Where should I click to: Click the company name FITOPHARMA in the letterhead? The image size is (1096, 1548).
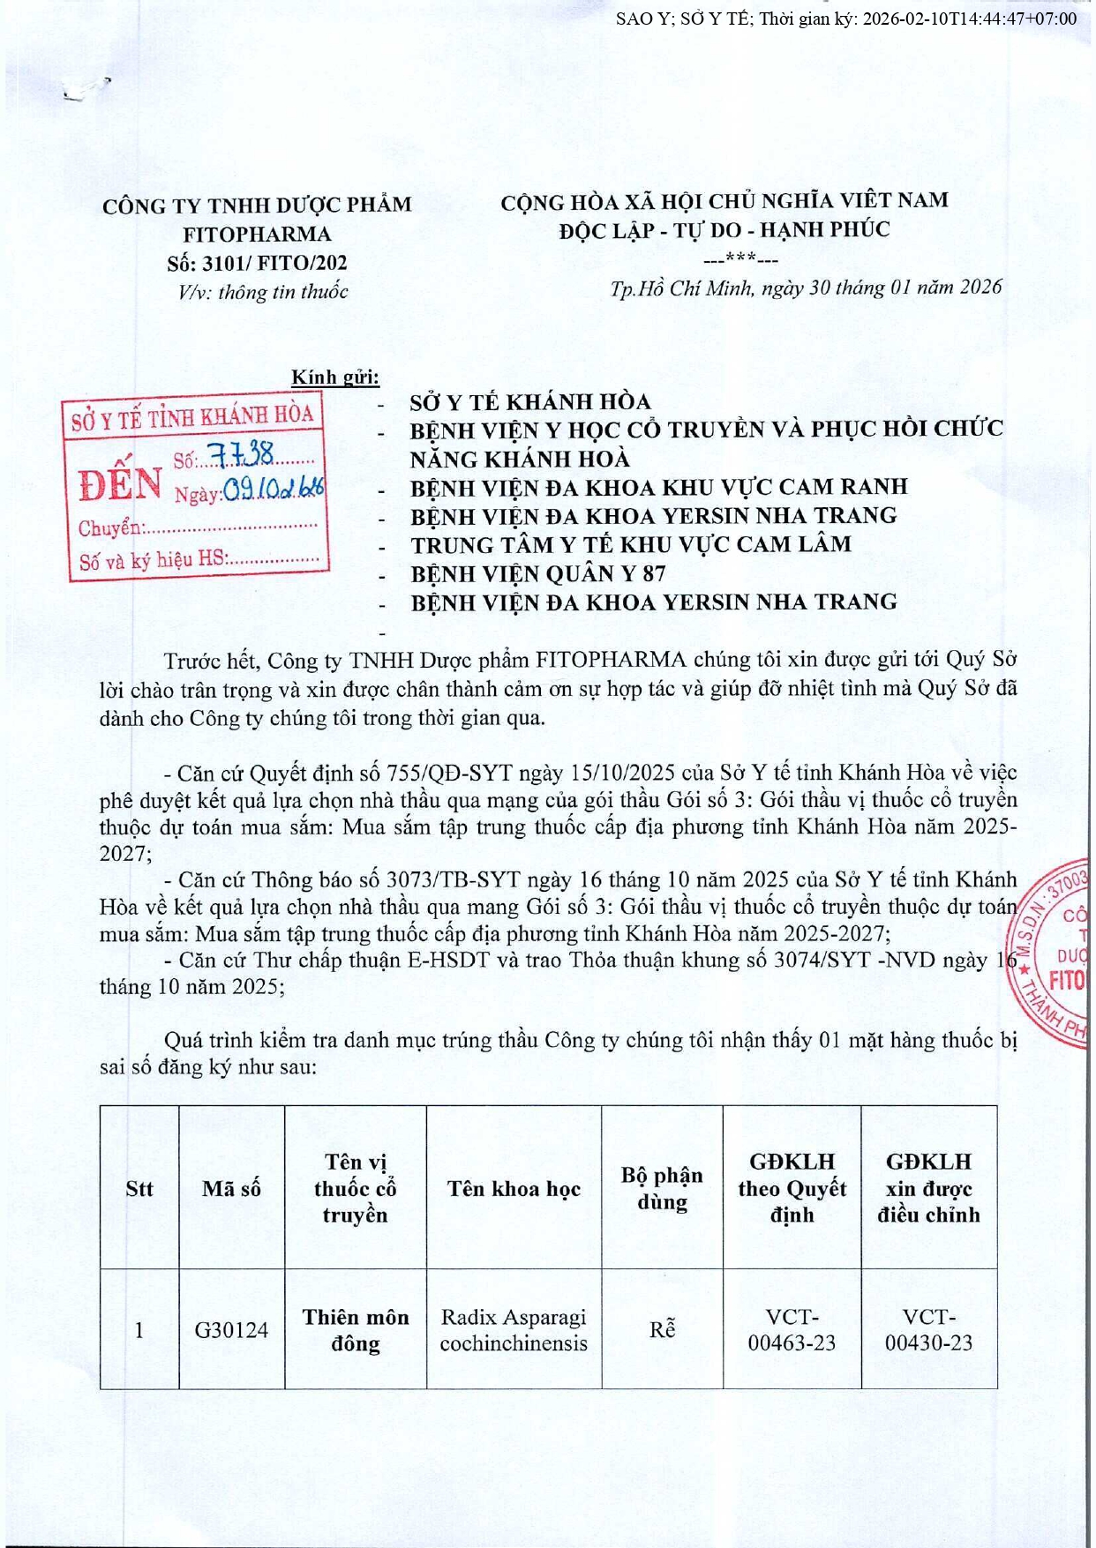(257, 234)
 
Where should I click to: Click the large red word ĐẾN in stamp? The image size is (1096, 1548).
(120, 483)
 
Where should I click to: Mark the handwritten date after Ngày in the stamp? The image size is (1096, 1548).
(273, 488)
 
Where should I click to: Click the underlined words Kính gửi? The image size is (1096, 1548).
(335, 378)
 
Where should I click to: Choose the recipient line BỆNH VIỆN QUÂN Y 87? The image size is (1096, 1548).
(537, 574)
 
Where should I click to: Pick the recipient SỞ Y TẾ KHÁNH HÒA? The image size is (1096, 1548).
(529, 402)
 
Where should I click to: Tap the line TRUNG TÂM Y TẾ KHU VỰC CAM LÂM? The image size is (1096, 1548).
(631, 545)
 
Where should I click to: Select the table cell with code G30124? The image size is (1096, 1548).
(231, 1329)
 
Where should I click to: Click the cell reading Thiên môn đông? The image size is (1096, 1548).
(356, 1329)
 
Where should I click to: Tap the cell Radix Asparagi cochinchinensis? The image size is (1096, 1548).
(514, 1329)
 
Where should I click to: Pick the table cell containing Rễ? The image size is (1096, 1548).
(662, 1329)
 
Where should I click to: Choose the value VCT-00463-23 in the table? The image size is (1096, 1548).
(792, 1329)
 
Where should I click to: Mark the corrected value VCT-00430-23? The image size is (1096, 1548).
(928, 1329)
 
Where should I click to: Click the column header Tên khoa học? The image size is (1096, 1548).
(514, 1188)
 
